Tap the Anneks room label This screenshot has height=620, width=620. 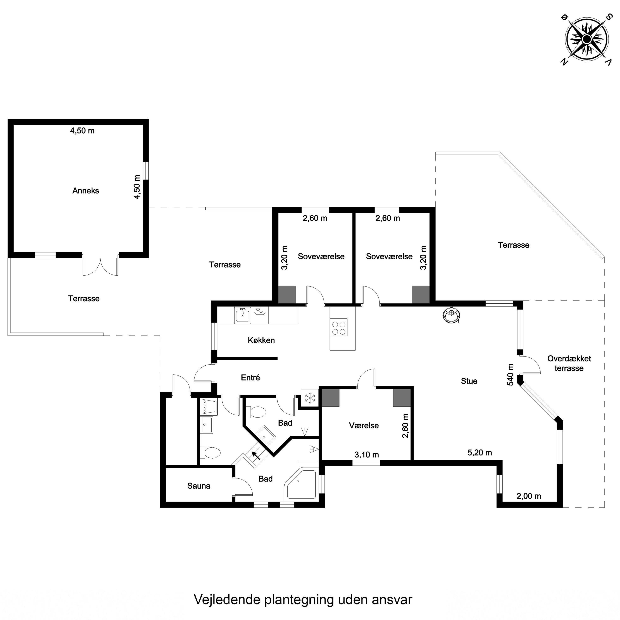pyautogui.click(x=86, y=191)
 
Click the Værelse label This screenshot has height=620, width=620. pyautogui.click(x=364, y=426)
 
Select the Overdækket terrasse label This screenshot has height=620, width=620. pyautogui.click(x=569, y=363)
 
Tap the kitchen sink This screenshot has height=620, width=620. pyautogui.click(x=243, y=315)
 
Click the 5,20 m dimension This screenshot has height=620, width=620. pyautogui.click(x=479, y=452)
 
